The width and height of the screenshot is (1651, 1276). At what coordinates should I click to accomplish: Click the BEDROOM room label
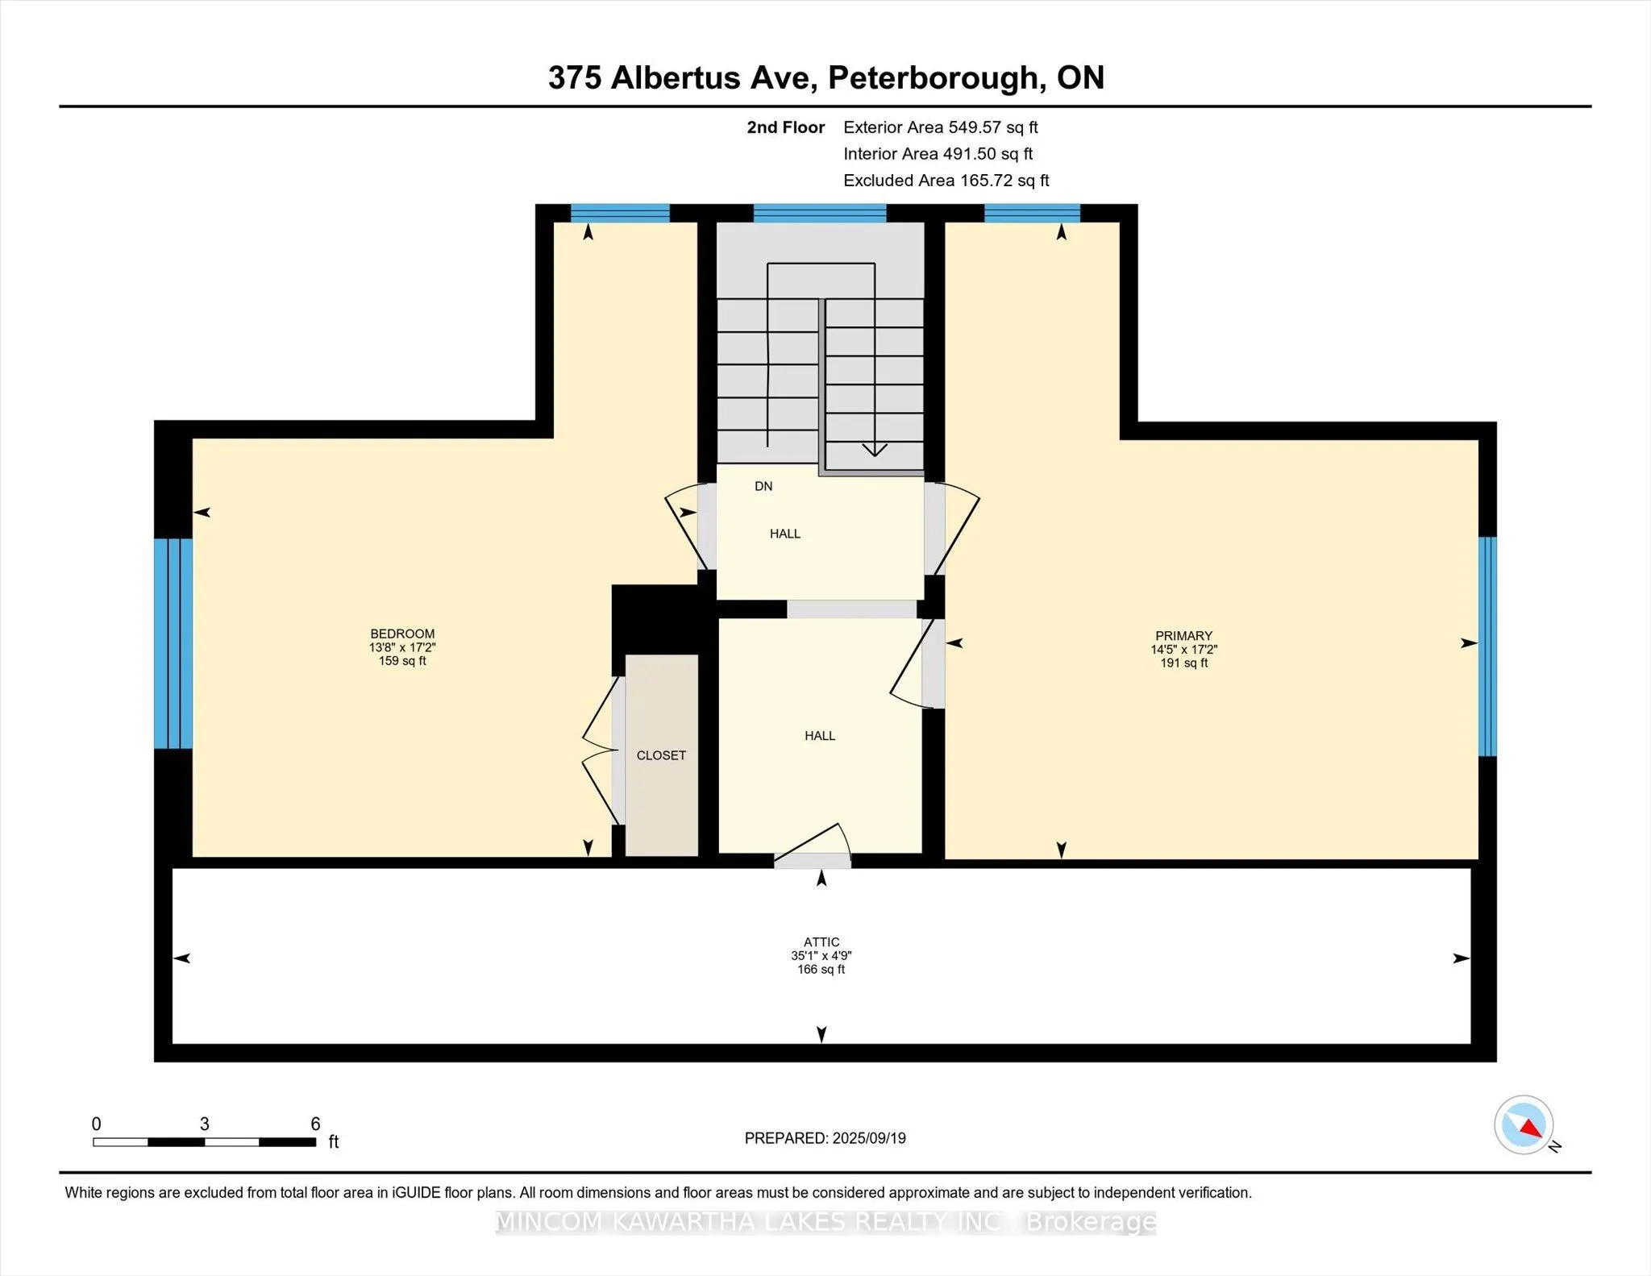pyautogui.click(x=402, y=634)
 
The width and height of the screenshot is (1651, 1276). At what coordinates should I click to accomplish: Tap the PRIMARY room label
pyautogui.click(x=1183, y=635)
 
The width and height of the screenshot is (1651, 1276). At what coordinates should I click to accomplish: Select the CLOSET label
pyautogui.click(x=661, y=755)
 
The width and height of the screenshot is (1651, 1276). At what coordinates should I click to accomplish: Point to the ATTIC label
pyautogui.click(x=821, y=941)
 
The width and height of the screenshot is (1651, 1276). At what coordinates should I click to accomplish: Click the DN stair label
pyautogui.click(x=763, y=486)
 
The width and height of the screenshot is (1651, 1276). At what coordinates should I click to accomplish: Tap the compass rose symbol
pyautogui.click(x=1524, y=1125)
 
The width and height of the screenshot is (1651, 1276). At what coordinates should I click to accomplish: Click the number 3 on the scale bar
pyautogui.click(x=205, y=1124)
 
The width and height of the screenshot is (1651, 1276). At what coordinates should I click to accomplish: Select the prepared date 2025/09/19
pyautogui.click(x=869, y=1138)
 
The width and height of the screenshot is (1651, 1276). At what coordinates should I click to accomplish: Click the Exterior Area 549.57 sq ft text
pyautogui.click(x=941, y=127)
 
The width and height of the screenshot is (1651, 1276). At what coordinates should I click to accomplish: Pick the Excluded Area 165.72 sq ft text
pyautogui.click(x=946, y=181)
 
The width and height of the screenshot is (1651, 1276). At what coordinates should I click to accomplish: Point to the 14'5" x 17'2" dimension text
pyautogui.click(x=1183, y=649)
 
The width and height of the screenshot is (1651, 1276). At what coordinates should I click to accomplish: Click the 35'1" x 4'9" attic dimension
pyautogui.click(x=821, y=955)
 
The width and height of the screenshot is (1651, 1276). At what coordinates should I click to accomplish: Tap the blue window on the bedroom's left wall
pyautogui.click(x=173, y=643)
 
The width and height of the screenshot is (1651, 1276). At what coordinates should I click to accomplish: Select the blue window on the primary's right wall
pyautogui.click(x=1487, y=646)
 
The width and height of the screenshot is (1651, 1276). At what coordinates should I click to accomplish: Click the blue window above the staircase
pyautogui.click(x=820, y=213)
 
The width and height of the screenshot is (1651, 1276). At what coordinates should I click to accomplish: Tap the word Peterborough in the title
pyautogui.click(x=932, y=78)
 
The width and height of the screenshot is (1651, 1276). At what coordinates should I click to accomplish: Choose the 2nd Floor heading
pyautogui.click(x=786, y=127)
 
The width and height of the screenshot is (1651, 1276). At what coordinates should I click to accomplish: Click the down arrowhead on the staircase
pyautogui.click(x=875, y=450)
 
